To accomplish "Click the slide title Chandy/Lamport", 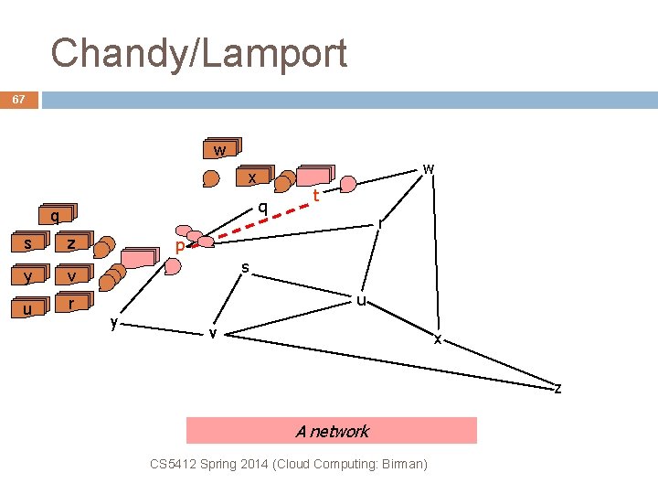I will point(199,53).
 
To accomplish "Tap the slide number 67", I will point(19,99).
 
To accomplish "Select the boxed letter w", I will point(219,150).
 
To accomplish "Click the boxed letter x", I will point(251,177).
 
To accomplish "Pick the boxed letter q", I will point(56,217).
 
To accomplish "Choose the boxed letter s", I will point(28,243).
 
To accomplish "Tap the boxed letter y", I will point(28,275).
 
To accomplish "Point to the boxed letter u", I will point(28,308).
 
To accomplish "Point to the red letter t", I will point(315,196).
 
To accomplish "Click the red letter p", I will point(180,247).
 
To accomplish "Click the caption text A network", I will point(332,431).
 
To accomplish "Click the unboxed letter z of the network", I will point(557,389).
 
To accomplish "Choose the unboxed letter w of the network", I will point(428,168).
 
